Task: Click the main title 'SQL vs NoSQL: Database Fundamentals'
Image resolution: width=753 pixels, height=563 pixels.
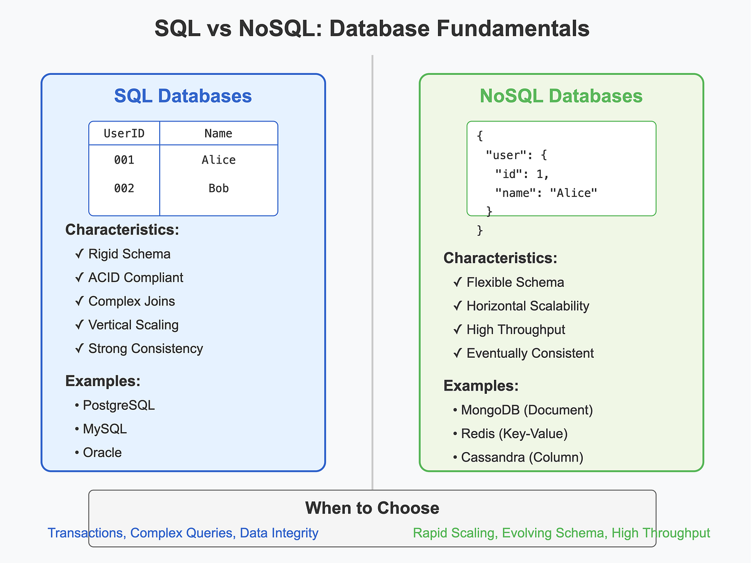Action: (x=372, y=28)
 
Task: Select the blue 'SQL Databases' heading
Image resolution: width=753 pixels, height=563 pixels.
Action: (x=183, y=96)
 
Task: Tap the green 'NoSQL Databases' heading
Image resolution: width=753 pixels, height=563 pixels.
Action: (x=561, y=96)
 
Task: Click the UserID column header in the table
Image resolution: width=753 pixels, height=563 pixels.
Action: (x=124, y=133)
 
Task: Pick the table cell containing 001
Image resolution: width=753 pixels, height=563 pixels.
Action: (x=124, y=160)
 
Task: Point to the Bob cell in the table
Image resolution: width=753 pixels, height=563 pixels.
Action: (x=218, y=188)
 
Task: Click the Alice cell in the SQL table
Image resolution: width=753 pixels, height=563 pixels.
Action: (x=218, y=160)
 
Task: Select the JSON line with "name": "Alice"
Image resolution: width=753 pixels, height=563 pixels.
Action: (x=546, y=192)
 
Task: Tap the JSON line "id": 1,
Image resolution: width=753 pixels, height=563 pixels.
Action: (x=522, y=174)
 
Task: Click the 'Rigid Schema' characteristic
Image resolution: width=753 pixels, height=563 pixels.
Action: (x=129, y=254)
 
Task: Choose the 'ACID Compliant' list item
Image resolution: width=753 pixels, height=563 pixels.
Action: (x=135, y=277)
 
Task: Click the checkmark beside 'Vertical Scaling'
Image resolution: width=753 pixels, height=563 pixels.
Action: (x=79, y=325)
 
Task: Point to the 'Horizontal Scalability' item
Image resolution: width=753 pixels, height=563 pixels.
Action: (x=527, y=306)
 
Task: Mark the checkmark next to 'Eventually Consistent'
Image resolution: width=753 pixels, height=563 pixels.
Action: (x=457, y=353)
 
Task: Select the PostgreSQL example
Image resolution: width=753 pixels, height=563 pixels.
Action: (x=118, y=405)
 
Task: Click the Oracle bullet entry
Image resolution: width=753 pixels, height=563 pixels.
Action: (x=102, y=453)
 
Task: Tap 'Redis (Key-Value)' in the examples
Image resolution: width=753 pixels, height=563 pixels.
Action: (x=514, y=434)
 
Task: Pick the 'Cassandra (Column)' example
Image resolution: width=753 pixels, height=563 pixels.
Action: (x=522, y=458)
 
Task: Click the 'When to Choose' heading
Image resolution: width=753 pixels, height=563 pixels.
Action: (x=372, y=508)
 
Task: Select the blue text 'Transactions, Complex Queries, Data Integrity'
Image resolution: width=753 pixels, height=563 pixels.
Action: (x=183, y=533)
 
